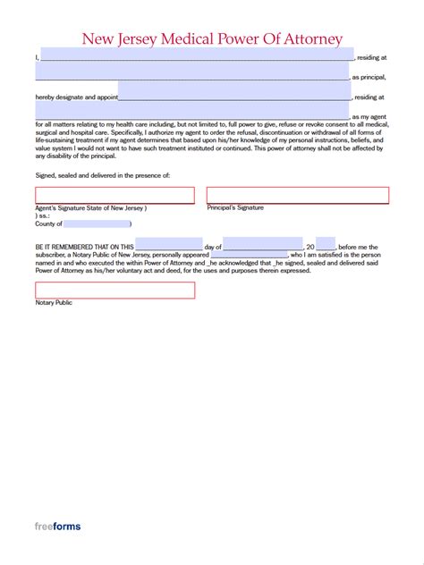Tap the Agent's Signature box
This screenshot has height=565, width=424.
pos(114,196)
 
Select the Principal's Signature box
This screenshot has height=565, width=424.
pos(298,195)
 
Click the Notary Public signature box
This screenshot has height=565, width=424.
pos(114,291)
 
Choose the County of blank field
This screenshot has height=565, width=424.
pos(98,223)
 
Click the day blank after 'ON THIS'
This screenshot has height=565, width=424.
pos(169,246)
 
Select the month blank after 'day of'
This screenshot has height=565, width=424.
pos(263,246)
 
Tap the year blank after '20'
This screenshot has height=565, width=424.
pos(326,246)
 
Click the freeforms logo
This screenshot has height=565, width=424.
pos(58,527)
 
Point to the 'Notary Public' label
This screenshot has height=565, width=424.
pos(54,303)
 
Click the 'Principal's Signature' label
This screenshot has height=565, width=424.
pos(235,207)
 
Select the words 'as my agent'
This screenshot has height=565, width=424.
pos(369,117)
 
